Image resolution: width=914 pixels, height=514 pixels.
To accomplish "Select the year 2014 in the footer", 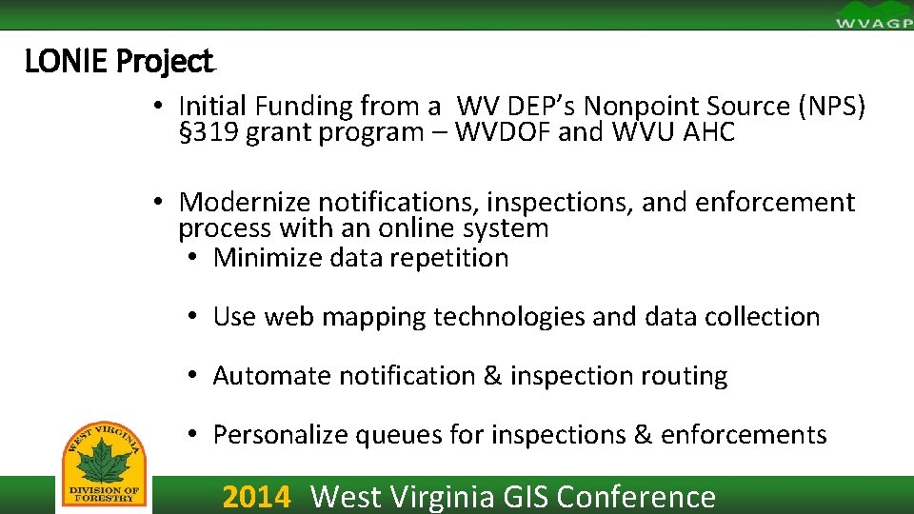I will pos(256,497).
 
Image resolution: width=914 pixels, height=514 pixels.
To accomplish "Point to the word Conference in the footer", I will pos(636,497).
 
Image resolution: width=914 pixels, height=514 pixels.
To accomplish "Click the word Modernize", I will pos(245,203).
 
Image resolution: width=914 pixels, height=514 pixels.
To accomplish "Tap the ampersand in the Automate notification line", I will pos(492,376).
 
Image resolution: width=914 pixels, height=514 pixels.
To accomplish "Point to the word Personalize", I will pos(280,435).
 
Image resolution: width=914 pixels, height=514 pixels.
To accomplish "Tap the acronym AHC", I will pos(709,132).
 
